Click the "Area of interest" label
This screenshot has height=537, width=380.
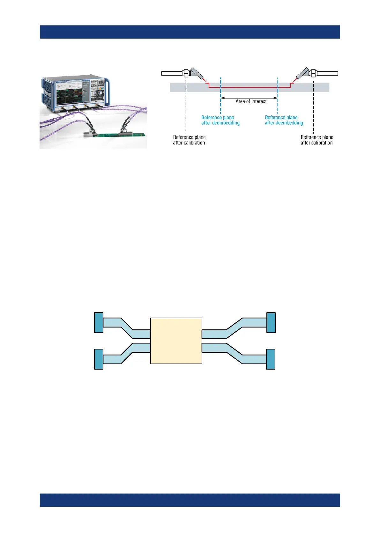(x=251, y=101)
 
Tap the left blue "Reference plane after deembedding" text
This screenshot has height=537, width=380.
(x=220, y=120)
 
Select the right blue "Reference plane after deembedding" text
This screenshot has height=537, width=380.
(x=284, y=120)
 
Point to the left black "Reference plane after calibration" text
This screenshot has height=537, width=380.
(x=189, y=140)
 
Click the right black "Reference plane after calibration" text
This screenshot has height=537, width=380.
(x=317, y=140)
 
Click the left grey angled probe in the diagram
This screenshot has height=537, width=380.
(x=197, y=74)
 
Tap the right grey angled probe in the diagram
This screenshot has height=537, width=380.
(x=302, y=74)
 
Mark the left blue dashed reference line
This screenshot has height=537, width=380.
(x=220, y=105)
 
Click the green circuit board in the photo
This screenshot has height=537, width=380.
(x=108, y=135)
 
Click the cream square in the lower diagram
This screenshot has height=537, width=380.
(x=176, y=341)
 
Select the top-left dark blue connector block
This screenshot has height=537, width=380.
(x=99, y=323)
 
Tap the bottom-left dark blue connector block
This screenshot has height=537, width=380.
(x=99, y=359)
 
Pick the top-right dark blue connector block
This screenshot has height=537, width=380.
(x=271, y=323)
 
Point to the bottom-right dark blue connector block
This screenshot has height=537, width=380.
(x=271, y=359)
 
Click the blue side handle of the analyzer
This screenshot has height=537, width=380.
(x=108, y=93)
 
